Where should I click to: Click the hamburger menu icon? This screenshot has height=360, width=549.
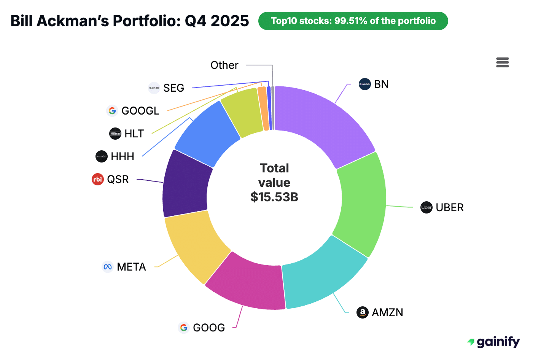pyautogui.click(x=502, y=62)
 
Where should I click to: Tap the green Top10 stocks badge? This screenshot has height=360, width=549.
pyautogui.click(x=353, y=21)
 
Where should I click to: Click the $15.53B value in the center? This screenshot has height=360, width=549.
pyautogui.click(x=274, y=197)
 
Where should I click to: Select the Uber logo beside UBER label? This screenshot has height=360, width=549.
pyautogui.click(x=426, y=207)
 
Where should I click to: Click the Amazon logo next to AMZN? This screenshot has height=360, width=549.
pyautogui.click(x=362, y=312)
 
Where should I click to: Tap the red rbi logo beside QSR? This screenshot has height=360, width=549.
pyautogui.click(x=98, y=179)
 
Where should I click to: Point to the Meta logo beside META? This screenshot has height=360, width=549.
pyautogui.click(x=108, y=267)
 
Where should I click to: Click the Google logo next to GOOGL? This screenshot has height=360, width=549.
pyautogui.click(x=112, y=111)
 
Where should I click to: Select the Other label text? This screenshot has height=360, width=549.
pyautogui.click(x=224, y=65)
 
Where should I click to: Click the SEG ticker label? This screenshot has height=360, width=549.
pyautogui.click(x=173, y=88)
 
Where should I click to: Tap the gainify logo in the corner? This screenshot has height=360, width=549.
pyautogui.click(x=493, y=342)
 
